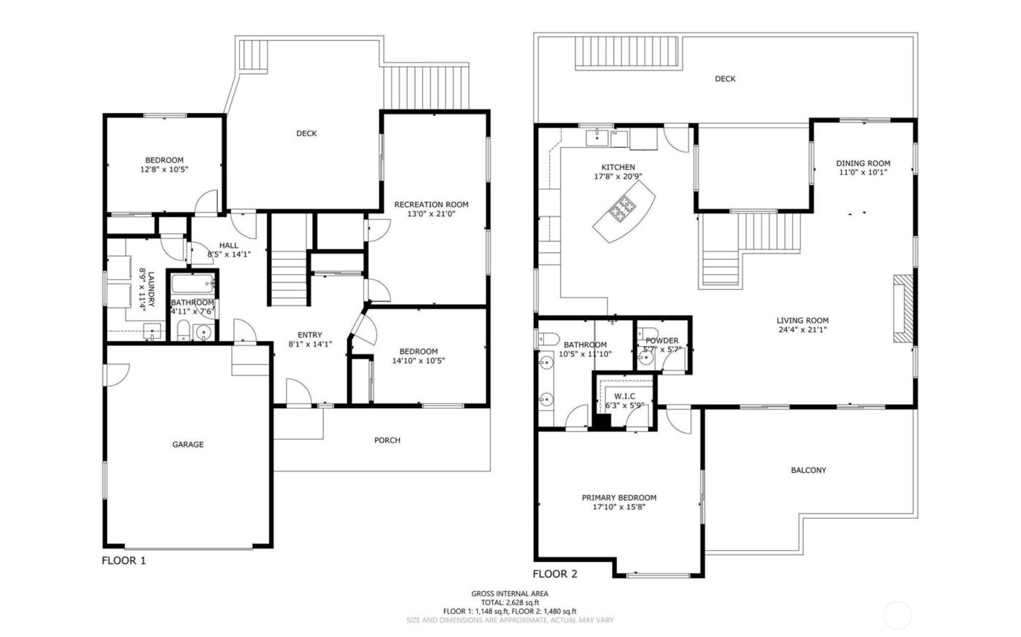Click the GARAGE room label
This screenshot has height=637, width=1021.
[187, 445]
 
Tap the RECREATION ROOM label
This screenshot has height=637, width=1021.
[431, 205]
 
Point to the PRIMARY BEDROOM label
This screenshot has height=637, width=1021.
[618, 498]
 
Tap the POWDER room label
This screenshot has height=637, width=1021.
[661, 340]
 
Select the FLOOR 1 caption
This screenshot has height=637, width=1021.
[123, 561]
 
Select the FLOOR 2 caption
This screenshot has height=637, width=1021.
[555, 574]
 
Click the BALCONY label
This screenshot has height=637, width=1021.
[809, 470]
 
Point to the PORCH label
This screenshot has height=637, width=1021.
[387, 440]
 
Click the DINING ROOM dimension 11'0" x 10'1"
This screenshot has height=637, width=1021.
[863, 173]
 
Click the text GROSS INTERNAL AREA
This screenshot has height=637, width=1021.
[510, 594]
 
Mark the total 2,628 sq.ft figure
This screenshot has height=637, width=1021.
[510, 603]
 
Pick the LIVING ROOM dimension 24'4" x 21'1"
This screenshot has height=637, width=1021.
[802, 329]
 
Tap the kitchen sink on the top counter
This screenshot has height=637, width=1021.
[599, 136]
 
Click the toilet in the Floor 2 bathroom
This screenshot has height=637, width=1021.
[549, 337]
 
